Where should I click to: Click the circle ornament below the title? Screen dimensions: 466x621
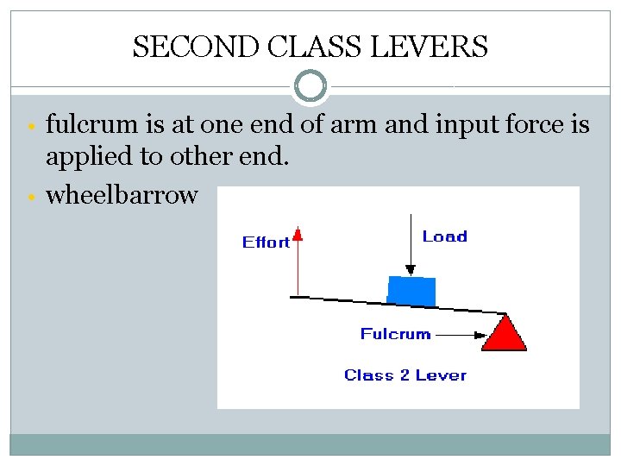[310, 86]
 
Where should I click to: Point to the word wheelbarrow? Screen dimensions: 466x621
[122, 195]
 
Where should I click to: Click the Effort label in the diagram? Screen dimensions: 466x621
[266, 242]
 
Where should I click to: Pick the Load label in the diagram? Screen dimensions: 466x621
[444, 236]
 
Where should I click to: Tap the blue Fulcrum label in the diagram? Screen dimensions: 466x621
[395, 334]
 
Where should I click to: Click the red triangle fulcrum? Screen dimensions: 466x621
[505, 333]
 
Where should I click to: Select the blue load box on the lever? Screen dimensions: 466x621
[411, 290]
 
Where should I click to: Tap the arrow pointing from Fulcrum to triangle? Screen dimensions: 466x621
[461, 334]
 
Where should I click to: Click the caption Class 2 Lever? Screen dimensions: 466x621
[405, 375]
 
